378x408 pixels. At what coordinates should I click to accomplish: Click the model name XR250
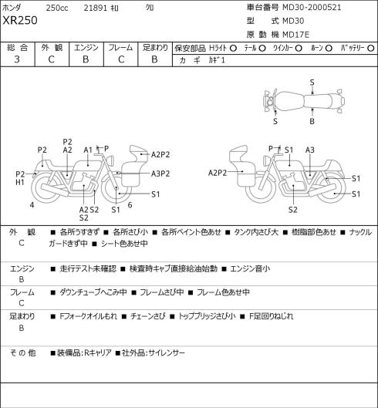click(20, 21)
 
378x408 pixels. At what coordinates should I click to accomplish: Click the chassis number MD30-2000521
click(312, 8)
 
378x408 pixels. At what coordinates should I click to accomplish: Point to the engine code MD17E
click(295, 35)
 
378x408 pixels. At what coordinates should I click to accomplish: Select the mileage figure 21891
click(96, 8)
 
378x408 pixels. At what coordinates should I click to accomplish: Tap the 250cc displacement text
click(57, 8)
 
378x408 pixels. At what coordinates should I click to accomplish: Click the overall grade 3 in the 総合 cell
click(17, 59)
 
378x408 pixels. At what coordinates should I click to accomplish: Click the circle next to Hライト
click(233, 49)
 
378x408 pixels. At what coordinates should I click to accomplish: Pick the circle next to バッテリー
click(371, 49)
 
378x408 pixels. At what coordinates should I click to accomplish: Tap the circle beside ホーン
click(329, 49)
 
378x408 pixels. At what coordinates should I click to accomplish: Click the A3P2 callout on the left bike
click(160, 174)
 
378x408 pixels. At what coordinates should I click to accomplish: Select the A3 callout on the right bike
click(310, 150)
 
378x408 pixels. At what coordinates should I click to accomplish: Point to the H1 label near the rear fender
click(20, 182)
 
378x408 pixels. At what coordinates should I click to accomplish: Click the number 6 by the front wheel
click(130, 205)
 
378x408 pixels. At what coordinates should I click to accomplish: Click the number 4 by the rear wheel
click(32, 205)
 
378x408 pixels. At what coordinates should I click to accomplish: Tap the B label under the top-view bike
click(312, 121)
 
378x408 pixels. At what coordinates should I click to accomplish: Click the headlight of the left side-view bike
click(112, 160)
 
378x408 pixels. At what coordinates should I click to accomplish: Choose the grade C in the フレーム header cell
click(121, 59)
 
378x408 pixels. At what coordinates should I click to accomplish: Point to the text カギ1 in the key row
click(216, 60)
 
